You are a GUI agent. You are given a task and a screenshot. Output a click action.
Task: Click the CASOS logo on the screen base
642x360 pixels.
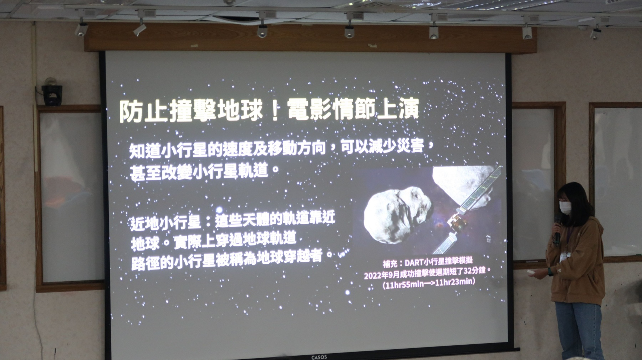click(x=319, y=357)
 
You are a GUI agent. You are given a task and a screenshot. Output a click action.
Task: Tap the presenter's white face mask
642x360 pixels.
click(x=565, y=207)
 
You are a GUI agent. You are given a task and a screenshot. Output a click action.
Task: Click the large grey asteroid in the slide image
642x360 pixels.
click(x=398, y=212)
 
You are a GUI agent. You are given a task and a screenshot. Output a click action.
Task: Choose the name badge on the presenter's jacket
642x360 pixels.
click(x=565, y=257)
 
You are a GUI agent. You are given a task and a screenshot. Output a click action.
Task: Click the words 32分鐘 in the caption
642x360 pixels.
click(x=472, y=271)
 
